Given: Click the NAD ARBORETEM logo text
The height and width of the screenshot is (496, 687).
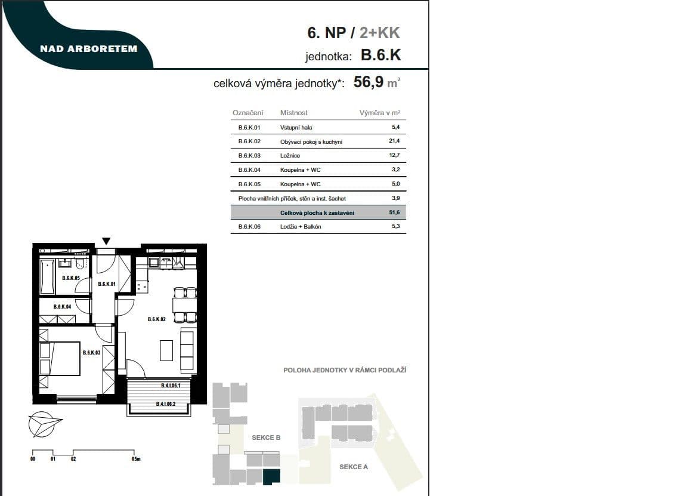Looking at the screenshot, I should (x=88, y=49).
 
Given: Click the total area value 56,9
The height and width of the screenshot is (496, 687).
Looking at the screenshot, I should (x=369, y=82).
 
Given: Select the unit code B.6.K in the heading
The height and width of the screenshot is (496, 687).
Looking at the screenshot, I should (x=380, y=56).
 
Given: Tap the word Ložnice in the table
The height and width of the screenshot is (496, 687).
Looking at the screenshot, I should (x=290, y=156).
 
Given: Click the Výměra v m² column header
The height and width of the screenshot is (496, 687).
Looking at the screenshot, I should (x=379, y=113).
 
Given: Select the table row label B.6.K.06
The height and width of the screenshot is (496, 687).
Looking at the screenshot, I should (x=249, y=227).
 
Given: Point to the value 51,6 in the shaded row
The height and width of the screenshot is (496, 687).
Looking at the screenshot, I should (x=394, y=212).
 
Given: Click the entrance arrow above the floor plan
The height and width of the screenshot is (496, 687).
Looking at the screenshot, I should (x=106, y=241).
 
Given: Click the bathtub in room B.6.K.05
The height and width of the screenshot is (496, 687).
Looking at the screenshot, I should (x=48, y=276).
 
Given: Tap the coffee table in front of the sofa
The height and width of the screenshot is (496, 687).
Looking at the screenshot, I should (x=167, y=350).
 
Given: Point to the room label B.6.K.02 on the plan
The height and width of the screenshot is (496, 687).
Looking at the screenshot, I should (x=156, y=320).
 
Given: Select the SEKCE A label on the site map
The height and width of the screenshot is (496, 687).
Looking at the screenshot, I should (x=354, y=467).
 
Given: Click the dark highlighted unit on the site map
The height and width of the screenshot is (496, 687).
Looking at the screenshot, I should (x=271, y=476).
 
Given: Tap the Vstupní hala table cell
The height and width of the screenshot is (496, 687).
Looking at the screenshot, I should (x=296, y=128).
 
